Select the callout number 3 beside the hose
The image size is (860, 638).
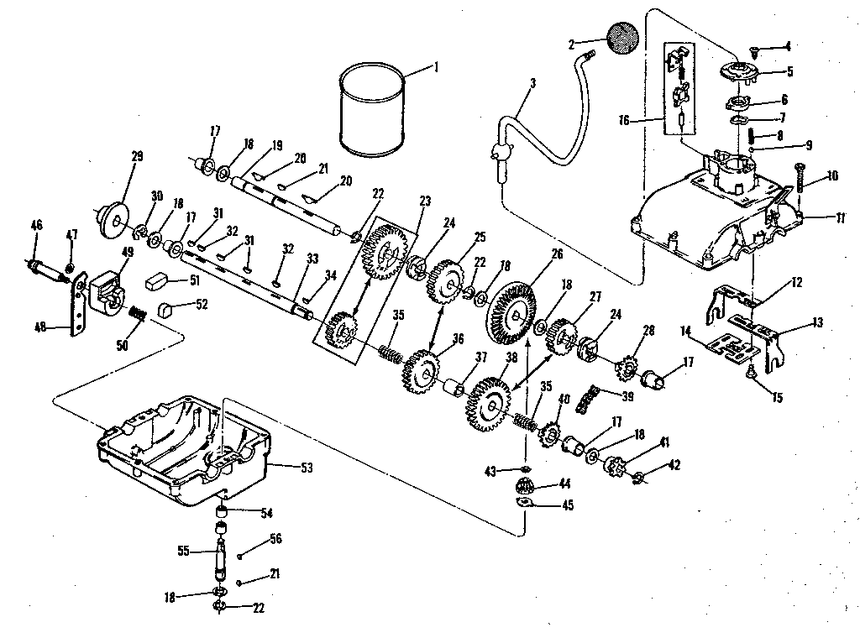pyautogui.click(x=532, y=82)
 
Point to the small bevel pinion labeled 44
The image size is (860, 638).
pyautogui.click(x=525, y=485)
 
